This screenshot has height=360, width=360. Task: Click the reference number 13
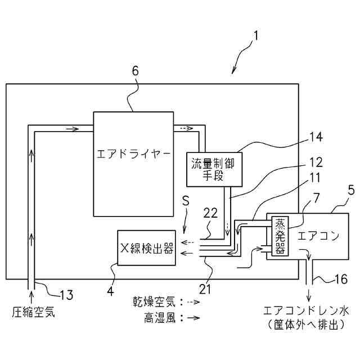point(66,293)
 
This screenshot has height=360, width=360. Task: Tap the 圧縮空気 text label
point(34,311)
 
